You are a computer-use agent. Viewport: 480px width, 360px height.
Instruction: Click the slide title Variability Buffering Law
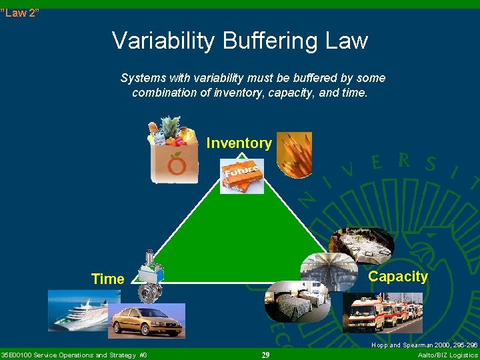[x=240, y=41]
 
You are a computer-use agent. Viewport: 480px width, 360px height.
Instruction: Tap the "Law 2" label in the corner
[x=20, y=13]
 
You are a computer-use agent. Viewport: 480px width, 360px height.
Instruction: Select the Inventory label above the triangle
[x=239, y=143]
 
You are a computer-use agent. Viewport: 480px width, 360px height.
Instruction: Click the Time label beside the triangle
[x=107, y=279]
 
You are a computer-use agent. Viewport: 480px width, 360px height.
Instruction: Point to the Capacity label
[x=397, y=277]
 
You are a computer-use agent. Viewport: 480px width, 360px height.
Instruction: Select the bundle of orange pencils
[x=294, y=154]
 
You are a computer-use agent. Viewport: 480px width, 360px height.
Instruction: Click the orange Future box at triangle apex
[x=242, y=177]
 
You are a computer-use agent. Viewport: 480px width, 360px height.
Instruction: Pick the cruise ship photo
[x=76, y=310]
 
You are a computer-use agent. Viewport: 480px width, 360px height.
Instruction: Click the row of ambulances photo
[x=382, y=313]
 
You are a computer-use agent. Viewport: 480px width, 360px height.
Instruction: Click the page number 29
[x=265, y=355]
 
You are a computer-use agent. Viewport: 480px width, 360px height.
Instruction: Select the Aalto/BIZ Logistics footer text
[x=447, y=355]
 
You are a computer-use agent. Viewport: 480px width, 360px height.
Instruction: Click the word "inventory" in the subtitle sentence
[x=238, y=93]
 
